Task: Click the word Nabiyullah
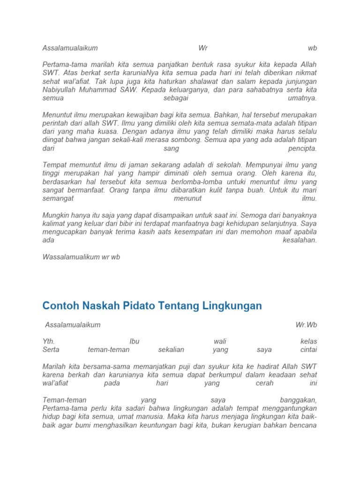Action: (x=60, y=90)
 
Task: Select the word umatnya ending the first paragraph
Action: (x=302, y=98)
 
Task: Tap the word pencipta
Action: (x=302, y=149)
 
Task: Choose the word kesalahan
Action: (x=300, y=240)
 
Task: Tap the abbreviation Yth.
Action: (x=49, y=341)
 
